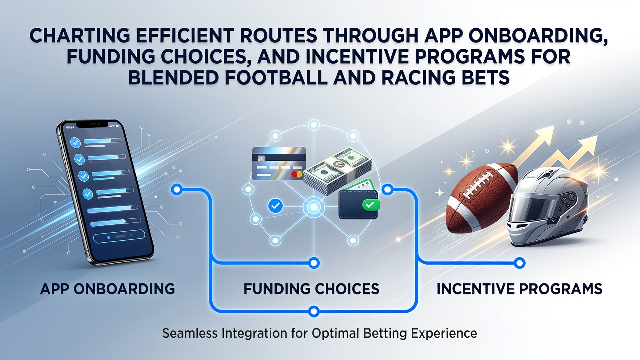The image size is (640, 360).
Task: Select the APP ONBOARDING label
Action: point(107,289)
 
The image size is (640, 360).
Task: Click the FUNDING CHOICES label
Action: point(311,289)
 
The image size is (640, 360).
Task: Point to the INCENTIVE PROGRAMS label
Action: point(519,289)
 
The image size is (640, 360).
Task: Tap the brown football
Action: point(482,197)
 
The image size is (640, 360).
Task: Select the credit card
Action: point(279,163)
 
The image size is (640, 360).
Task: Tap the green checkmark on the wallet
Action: point(371,204)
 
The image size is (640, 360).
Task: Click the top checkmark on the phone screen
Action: point(75,143)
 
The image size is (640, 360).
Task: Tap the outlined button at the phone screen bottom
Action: point(119,237)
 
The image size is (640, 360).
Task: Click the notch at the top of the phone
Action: point(93,124)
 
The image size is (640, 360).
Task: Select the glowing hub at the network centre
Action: point(313,207)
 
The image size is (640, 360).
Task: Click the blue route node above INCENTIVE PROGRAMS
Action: point(519,263)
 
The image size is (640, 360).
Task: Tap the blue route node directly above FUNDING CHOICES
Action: point(314,263)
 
